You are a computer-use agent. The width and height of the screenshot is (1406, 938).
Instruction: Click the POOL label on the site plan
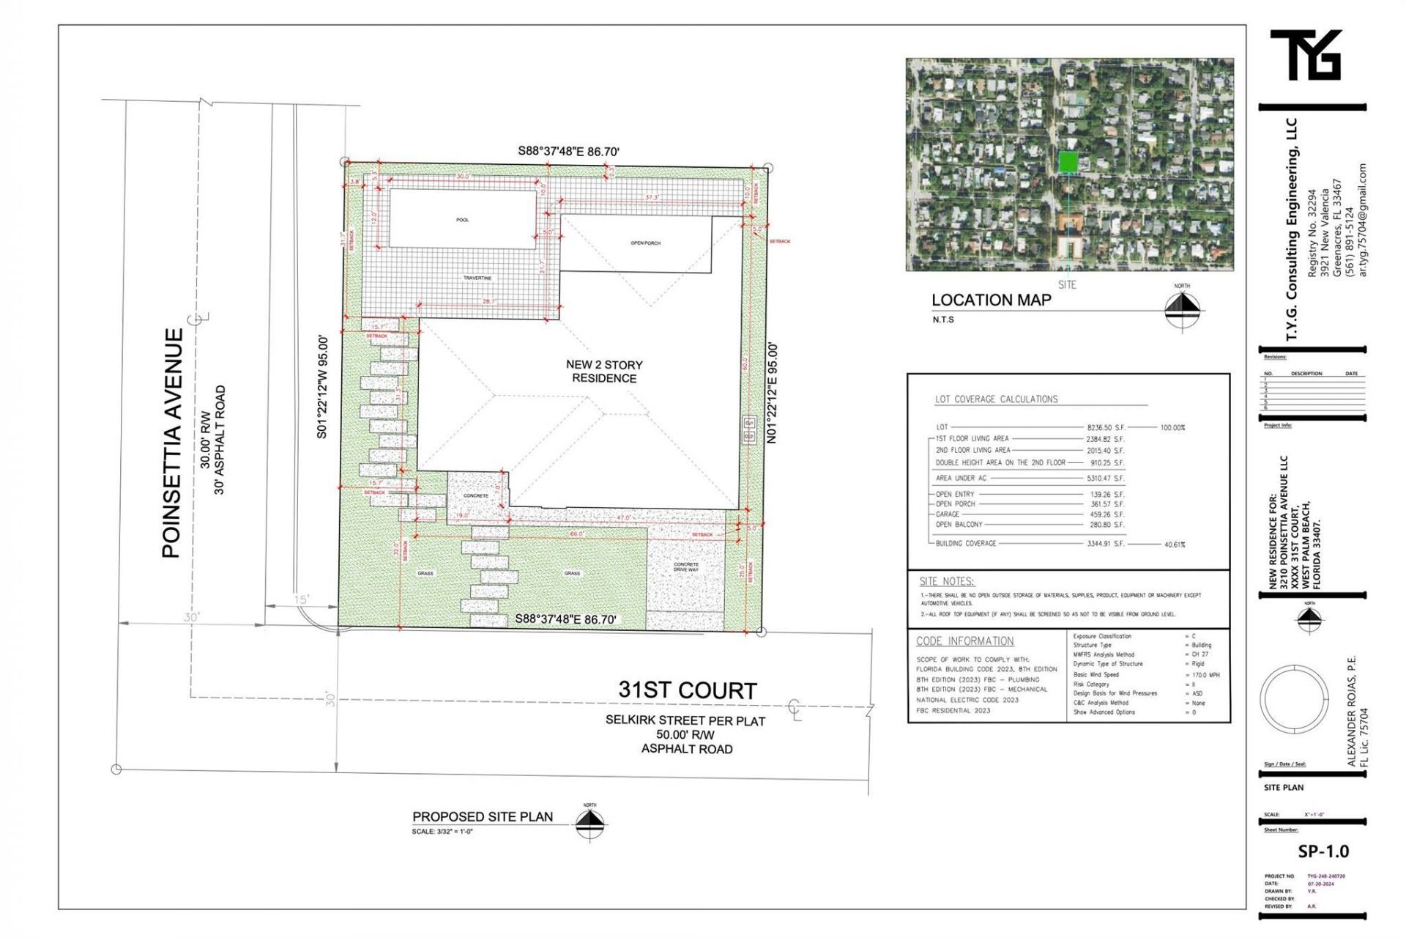pyautogui.click(x=462, y=220)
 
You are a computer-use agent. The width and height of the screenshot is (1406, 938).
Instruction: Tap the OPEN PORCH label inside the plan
pyautogui.click(x=645, y=243)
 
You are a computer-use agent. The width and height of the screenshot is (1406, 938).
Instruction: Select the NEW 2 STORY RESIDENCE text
pyautogui.click(x=604, y=371)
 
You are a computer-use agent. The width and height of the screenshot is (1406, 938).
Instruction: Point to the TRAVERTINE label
pyautogui.click(x=477, y=278)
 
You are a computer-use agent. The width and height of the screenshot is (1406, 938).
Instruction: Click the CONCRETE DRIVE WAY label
pyautogui.click(x=685, y=566)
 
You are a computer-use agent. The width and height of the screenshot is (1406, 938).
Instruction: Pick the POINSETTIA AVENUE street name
pyautogui.click(x=171, y=443)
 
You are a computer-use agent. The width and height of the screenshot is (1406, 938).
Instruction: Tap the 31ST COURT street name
pyautogui.click(x=687, y=690)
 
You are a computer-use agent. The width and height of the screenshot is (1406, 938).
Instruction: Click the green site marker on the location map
pyautogui.click(x=1068, y=161)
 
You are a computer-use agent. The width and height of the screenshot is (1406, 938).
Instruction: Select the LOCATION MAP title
pyautogui.click(x=991, y=300)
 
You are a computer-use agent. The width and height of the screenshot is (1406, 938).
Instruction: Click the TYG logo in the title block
pyautogui.click(x=1306, y=55)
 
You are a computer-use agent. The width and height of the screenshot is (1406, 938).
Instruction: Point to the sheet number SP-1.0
pyautogui.click(x=1323, y=851)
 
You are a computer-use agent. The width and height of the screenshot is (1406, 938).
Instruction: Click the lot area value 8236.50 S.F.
pyautogui.click(x=1105, y=427)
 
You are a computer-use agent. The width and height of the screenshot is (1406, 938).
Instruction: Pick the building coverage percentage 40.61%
pyautogui.click(x=1174, y=544)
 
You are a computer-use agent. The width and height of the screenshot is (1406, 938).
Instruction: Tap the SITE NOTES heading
pyautogui.click(x=946, y=581)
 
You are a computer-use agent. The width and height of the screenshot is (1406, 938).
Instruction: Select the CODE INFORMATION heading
pyautogui.click(x=964, y=641)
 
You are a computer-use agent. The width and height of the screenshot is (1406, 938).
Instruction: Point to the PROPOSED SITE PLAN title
pyautogui.click(x=483, y=816)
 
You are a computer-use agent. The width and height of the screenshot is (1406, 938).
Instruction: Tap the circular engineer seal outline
pyautogui.click(x=1294, y=698)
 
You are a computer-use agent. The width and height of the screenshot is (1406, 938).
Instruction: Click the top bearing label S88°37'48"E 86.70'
pyautogui.click(x=568, y=152)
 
